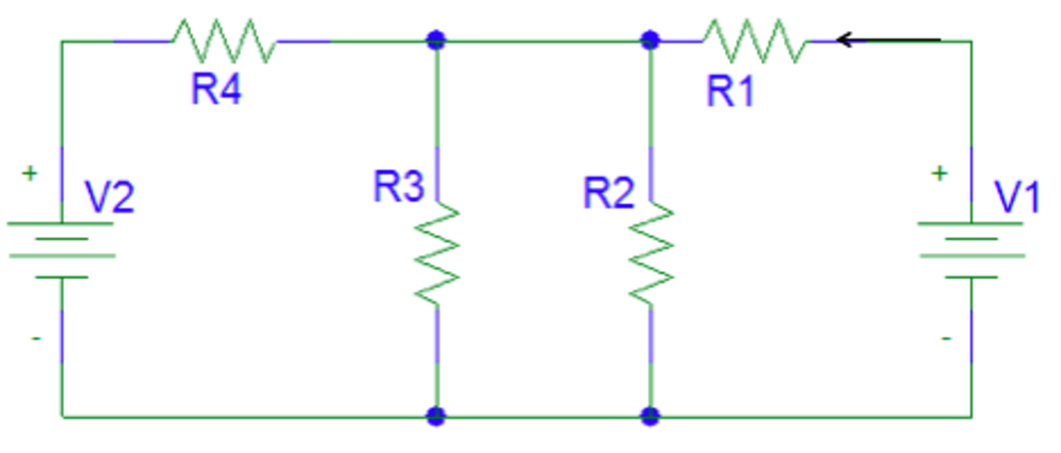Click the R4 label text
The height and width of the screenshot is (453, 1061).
coord(216,89)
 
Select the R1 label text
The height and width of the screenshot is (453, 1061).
coord(730,91)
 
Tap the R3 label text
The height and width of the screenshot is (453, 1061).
coord(398,187)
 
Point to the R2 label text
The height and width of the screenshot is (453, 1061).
coord(608,193)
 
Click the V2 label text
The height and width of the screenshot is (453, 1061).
coord(109,197)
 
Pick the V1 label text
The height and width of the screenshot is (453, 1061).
coord(1017,197)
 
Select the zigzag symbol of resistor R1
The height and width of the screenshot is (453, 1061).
coord(755,41)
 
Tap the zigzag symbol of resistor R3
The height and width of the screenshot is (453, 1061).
coord(437,253)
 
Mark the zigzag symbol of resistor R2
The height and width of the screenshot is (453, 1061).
coord(651,253)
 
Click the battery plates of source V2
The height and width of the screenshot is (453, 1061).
coord(62,250)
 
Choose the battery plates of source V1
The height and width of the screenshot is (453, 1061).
coord(971,250)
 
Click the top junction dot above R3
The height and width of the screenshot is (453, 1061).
coord(436,40)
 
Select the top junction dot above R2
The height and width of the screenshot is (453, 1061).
coord(650,40)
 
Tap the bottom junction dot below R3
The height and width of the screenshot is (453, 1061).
coord(436,416)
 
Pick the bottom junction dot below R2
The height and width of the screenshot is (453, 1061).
coord(650,416)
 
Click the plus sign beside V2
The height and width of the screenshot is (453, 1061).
coord(30,173)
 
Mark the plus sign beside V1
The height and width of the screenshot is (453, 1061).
coord(940,173)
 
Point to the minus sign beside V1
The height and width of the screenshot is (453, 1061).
coord(946,338)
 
